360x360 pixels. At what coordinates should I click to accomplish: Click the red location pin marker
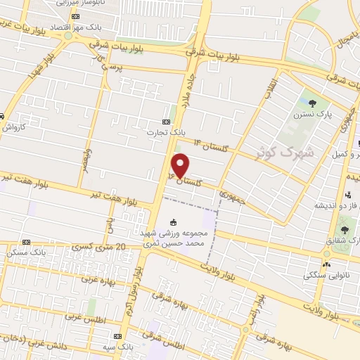pos(181,165)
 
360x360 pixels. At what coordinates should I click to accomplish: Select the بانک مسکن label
pos(25,251)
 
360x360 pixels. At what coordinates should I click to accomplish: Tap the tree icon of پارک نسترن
pos(304,103)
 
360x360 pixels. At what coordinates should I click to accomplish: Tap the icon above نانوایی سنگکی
pos(326,264)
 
